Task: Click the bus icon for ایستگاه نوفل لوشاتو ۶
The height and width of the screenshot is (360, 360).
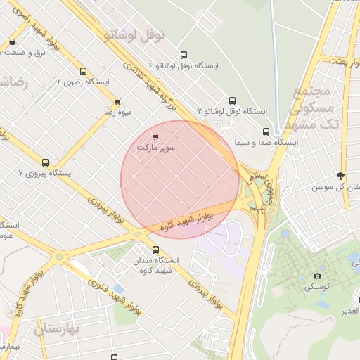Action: coord(184,55)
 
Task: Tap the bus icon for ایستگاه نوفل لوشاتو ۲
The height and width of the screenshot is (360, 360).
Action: coord(233,101)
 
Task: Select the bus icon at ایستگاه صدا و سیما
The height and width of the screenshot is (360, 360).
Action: coord(266,131)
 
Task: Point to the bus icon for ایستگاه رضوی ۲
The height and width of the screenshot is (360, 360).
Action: coord(84,72)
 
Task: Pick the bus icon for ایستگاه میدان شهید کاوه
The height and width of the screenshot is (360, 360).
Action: coord(156,249)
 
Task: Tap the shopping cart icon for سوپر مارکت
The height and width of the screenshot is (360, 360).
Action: coord(155,136)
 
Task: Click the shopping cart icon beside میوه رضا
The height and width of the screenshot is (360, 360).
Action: coord(117,101)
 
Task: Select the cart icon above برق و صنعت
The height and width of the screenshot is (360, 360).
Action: coord(13,41)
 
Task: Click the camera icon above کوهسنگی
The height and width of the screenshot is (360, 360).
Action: coord(317,276)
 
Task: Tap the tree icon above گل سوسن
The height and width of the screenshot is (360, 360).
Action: coord(341,176)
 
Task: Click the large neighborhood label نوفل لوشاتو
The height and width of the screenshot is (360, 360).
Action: coord(134,34)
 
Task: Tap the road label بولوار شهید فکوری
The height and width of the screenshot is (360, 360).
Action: coord(116,295)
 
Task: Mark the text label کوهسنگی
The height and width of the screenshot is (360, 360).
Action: coord(317,288)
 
